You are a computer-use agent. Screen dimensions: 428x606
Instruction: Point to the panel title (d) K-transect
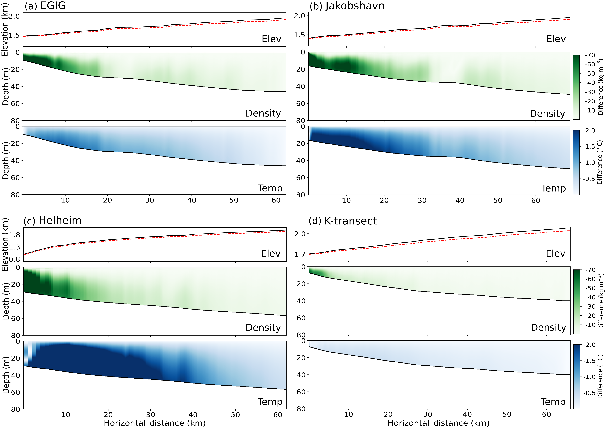click(343, 221)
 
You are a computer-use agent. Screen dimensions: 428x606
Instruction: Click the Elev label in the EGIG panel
click(271, 39)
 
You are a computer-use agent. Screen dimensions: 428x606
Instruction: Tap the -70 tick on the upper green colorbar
click(590, 55)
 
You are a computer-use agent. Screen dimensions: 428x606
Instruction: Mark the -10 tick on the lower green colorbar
click(590, 325)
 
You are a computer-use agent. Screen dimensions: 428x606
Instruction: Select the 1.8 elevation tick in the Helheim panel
click(15, 235)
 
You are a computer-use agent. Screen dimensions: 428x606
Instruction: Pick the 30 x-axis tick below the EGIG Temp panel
click(149, 200)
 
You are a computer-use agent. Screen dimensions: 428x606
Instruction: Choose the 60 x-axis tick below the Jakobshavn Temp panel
click(536, 200)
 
